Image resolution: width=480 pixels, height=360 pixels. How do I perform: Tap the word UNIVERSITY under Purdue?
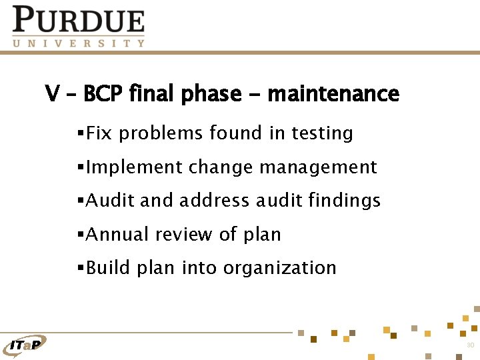(x=78, y=43)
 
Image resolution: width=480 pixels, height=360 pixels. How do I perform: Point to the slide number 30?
(x=470, y=345)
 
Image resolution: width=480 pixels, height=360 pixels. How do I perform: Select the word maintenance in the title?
(x=333, y=94)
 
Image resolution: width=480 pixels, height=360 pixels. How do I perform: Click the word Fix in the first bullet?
(x=99, y=133)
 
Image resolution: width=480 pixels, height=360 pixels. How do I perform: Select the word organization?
(x=280, y=269)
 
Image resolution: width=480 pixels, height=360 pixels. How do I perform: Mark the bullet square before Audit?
(x=81, y=201)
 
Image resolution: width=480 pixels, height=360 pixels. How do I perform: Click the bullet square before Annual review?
(x=81, y=235)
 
